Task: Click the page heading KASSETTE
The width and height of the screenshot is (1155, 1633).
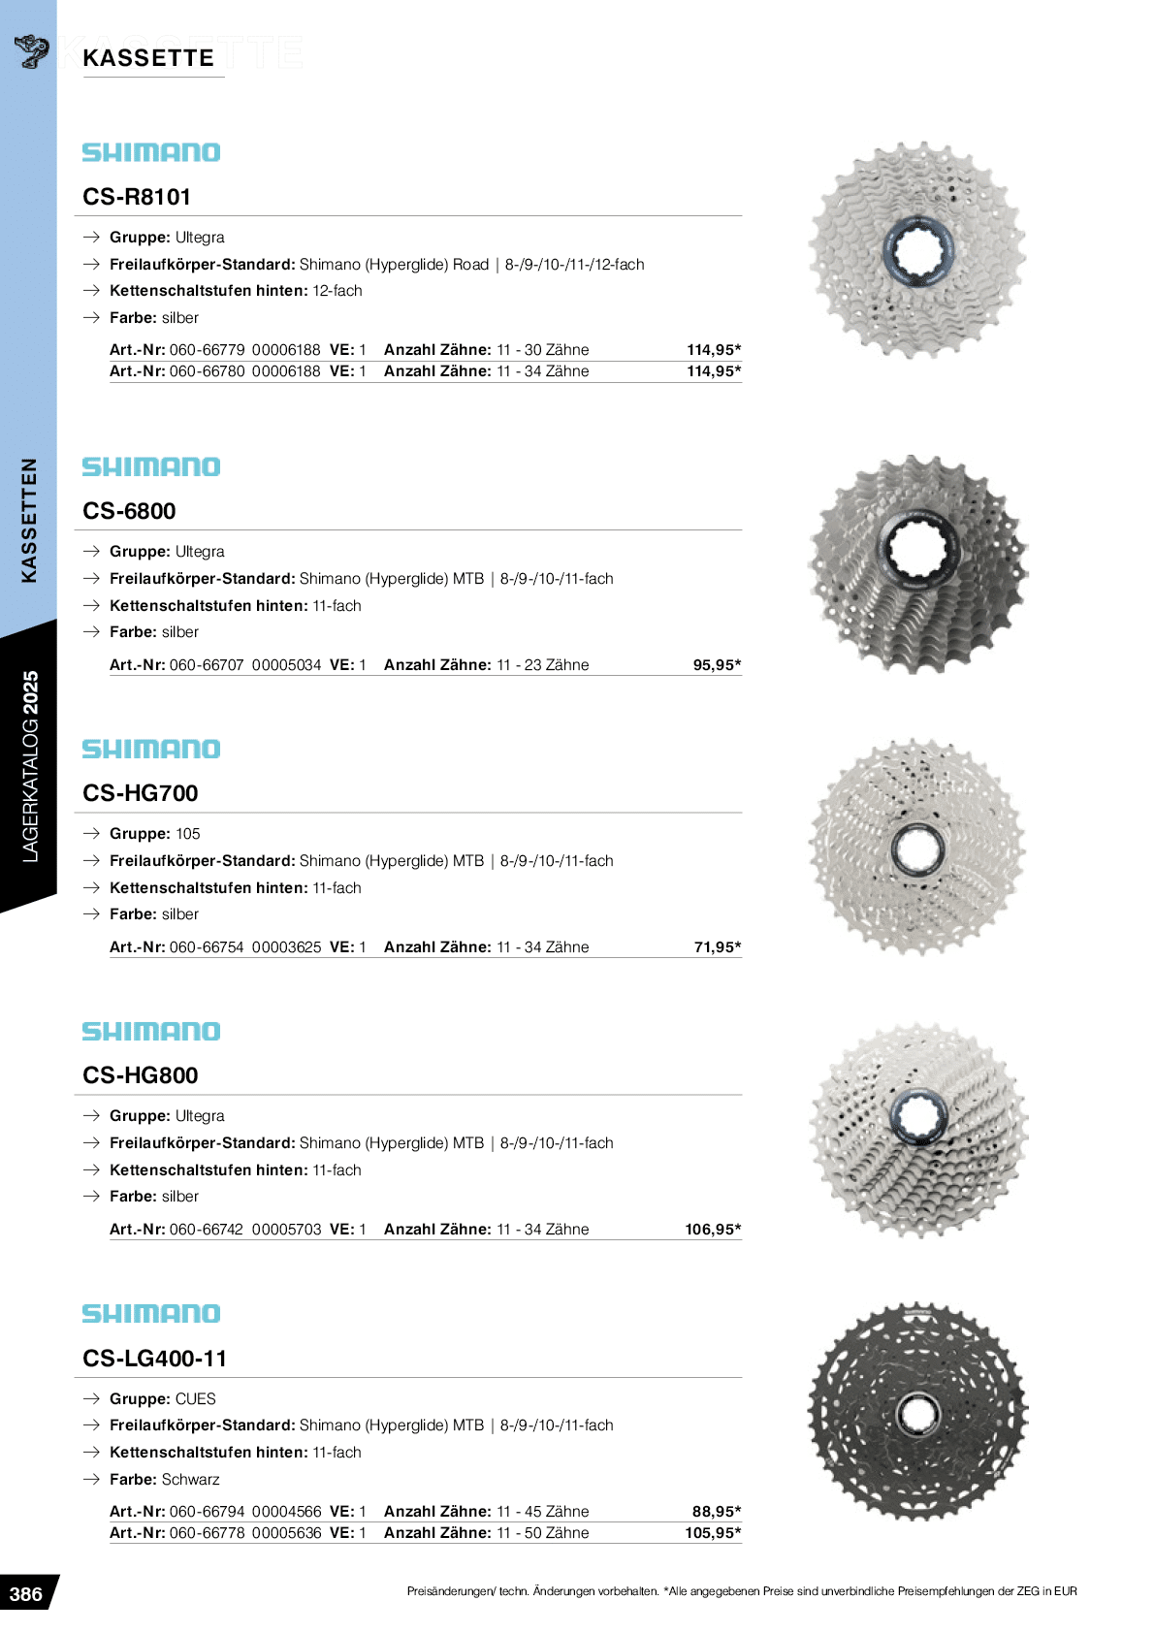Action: [148, 58]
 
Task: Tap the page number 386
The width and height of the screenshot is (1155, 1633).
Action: [26, 1594]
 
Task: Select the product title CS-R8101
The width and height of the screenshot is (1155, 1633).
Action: [137, 197]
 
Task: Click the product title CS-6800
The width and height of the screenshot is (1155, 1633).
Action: [129, 511]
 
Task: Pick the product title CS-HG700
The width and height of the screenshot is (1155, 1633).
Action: [141, 793]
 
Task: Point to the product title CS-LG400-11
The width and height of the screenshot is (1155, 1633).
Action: [154, 1359]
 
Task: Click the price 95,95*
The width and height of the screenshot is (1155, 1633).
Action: [717, 665]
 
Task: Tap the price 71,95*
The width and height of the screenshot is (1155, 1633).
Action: [717, 947]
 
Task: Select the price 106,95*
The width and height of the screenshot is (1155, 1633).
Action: [713, 1230]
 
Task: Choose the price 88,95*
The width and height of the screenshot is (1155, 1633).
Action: [717, 1512]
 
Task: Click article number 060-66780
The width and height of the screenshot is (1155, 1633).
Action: [207, 371]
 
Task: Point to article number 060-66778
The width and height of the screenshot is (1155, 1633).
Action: [207, 1533]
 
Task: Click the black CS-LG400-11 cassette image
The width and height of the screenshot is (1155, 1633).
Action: [917, 1412]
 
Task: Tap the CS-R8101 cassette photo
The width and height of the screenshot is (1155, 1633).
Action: [917, 250]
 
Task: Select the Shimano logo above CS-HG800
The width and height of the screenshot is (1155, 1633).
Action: [151, 1032]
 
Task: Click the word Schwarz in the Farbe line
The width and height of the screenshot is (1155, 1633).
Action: [191, 1480]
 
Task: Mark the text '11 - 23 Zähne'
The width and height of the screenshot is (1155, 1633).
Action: [542, 665]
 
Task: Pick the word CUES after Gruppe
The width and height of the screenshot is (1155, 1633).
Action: [196, 1399]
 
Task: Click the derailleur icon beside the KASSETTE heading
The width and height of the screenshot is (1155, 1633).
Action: [32, 51]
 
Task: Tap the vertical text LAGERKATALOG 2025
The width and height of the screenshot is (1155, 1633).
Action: [30, 766]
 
